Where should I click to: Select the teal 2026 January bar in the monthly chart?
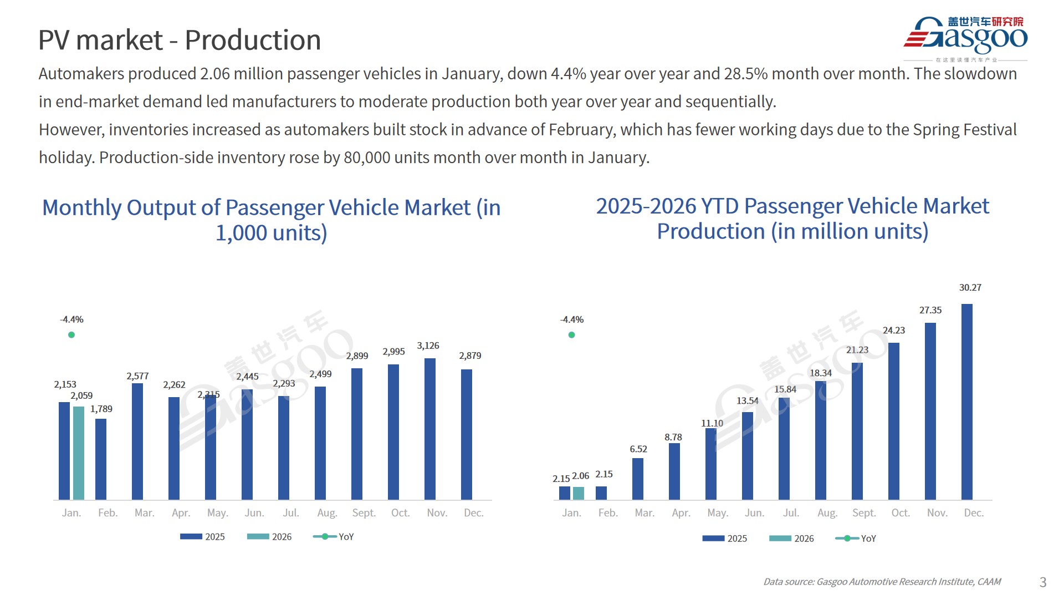click(x=79, y=453)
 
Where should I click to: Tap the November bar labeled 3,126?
click(x=429, y=428)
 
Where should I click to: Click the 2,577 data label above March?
click(x=137, y=376)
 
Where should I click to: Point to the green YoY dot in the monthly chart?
click(x=71, y=335)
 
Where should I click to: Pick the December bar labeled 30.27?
click(x=966, y=402)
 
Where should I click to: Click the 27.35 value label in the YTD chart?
click(x=930, y=311)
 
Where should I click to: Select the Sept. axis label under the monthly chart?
click(x=364, y=513)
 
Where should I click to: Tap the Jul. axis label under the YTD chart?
click(x=791, y=513)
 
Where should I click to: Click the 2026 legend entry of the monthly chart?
click(x=269, y=537)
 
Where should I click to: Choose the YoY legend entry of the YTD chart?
click(x=856, y=539)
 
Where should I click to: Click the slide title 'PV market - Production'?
click(x=180, y=40)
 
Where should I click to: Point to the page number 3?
click(x=1042, y=582)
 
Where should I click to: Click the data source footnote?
click(x=882, y=582)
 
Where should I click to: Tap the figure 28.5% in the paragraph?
click(x=746, y=74)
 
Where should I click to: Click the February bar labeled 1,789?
click(x=101, y=459)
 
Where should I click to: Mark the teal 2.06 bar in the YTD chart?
click(x=578, y=493)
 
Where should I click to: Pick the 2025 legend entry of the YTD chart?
click(x=724, y=539)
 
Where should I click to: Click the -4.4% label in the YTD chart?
click(x=571, y=320)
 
